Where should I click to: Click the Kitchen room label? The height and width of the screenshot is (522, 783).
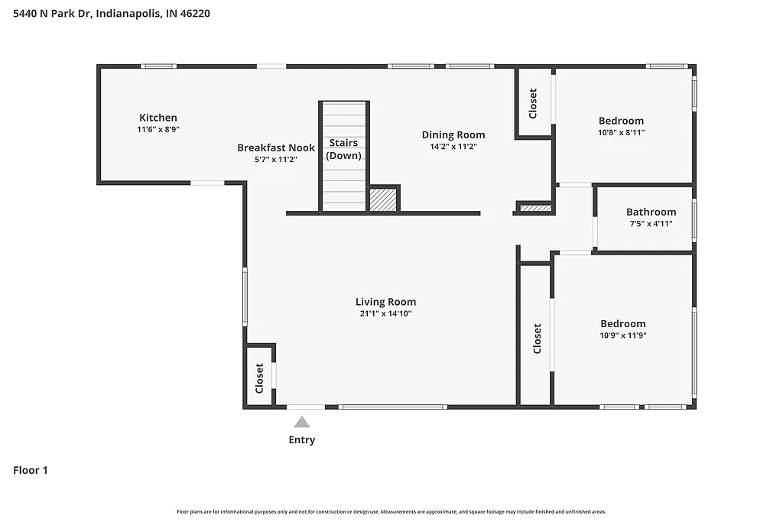(x=158, y=118)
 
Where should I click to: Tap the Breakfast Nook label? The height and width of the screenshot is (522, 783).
(x=275, y=148)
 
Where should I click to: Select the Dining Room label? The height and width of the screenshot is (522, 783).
(x=453, y=135)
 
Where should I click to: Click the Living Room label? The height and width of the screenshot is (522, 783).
(x=385, y=302)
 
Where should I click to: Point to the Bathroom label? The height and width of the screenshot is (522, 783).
(x=651, y=212)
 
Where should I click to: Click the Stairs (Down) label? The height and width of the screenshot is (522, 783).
(x=344, y=149)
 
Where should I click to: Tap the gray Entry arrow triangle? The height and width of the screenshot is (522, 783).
(x=302, y=422)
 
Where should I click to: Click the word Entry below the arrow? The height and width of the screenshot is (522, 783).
(x=301, y=440)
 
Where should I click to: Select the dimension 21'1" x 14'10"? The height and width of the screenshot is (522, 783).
(x=385, y=313)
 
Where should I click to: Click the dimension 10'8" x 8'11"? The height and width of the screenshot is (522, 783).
(x=621, y=132)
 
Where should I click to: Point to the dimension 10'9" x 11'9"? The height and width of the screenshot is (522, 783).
(x=622, y=336)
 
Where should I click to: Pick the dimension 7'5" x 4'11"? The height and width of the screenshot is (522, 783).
(x=651, y=224)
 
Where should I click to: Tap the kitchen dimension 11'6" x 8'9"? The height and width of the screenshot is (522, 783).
(x=158, y=130)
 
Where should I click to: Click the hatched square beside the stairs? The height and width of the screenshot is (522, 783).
(x=383, y=199)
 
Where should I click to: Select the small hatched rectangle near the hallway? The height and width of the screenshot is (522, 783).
(x=535, y=207)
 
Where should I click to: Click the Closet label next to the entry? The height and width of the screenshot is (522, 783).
(x=259, y=378)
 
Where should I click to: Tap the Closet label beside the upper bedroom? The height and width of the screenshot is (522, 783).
(x=533, y=103)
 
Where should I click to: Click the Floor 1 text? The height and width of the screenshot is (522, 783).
(x=31, y=471)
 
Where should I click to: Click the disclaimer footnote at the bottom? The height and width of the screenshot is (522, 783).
(x=391, y=511)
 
